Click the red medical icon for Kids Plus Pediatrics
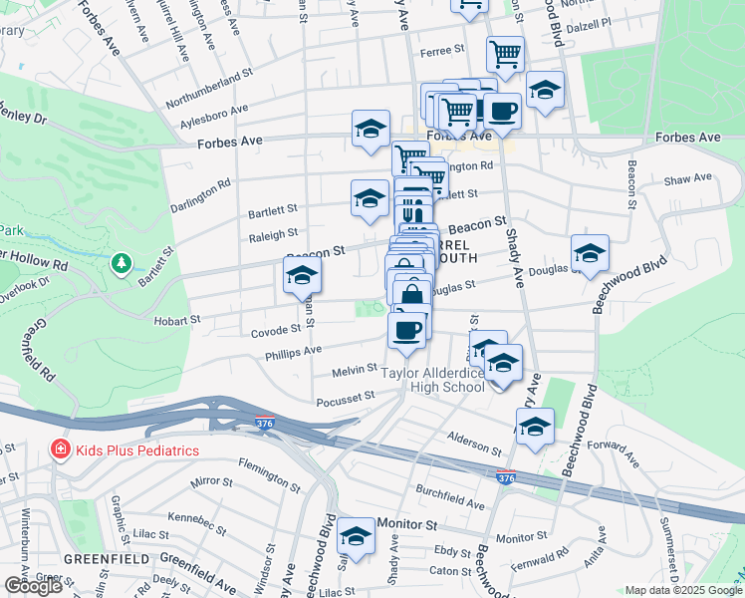[x=60, y=449]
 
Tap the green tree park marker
[x=122, y=263]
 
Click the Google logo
[x=33, y=586]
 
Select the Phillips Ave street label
[x=293, y=350]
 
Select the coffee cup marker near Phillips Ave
[x=406, y=331]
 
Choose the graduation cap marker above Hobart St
[x=302, y=276]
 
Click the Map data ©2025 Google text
[x=684, y=590]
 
